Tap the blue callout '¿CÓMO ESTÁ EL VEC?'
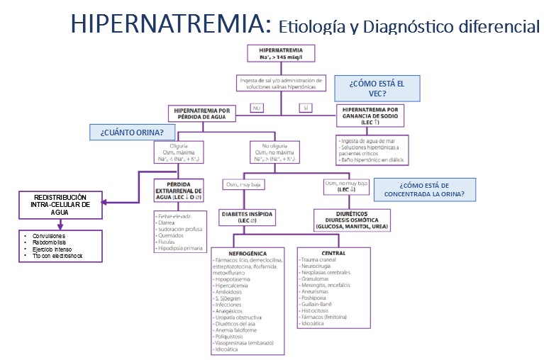(377, 89)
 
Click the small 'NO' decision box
(258, 107)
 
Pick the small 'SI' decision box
(306, 107)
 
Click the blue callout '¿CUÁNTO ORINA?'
(132, 132)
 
